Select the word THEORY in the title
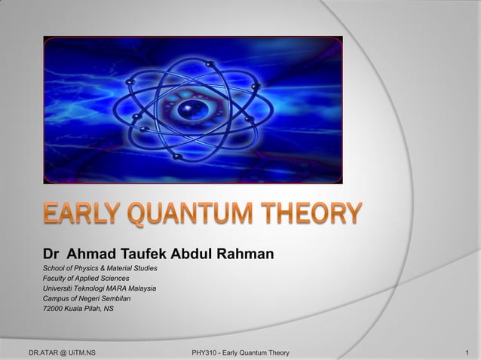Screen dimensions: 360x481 [312, 215]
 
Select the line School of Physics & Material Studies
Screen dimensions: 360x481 [100, 267]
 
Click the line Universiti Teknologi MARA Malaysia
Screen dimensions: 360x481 [99, 288]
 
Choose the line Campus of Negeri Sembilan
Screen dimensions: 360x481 [87, 299]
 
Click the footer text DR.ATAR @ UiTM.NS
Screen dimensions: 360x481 [61, 352]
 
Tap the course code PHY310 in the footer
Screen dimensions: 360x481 [206, 352]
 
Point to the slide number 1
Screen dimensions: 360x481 [468, 352]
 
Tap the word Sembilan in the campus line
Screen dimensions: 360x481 [115, 299]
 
